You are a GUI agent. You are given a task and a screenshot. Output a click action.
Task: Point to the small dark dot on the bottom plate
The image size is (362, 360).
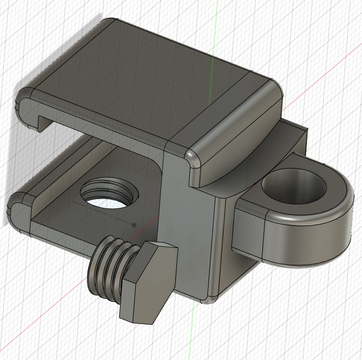point(135,224)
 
